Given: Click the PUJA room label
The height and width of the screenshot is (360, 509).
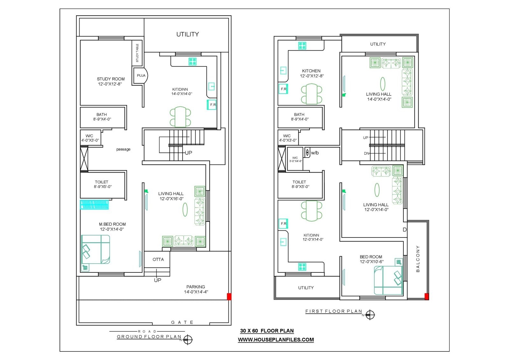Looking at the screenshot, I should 141,76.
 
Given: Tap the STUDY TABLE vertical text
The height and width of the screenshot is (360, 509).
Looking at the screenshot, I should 137,53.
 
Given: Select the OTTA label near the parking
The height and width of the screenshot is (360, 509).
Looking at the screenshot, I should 158,259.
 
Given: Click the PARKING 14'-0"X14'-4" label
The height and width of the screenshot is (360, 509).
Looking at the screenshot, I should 196,289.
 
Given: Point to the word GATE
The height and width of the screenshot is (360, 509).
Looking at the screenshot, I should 182,322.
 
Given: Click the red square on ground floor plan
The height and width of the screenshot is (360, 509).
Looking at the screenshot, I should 229,296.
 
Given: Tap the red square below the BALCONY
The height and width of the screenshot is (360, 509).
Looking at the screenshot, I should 427,296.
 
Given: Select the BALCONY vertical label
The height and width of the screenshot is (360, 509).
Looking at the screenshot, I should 418,258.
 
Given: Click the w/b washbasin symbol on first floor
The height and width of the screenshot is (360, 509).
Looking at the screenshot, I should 307,152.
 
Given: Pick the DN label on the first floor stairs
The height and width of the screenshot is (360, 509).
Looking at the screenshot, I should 366,153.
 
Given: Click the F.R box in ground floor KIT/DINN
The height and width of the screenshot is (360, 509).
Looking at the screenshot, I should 212,105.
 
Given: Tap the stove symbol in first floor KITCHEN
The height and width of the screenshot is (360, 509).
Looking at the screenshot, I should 302,46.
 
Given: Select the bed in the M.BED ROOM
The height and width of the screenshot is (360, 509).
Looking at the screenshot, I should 95,249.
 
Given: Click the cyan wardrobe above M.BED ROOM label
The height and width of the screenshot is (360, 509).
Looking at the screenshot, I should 94,205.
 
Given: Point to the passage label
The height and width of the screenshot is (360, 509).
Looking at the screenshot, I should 123,149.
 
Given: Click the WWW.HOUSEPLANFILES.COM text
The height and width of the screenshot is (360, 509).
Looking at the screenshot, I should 276,340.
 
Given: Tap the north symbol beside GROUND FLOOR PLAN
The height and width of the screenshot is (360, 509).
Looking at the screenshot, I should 188,340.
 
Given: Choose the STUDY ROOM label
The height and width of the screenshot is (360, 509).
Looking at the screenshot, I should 110,81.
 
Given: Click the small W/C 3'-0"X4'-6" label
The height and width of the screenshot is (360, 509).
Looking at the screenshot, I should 295,159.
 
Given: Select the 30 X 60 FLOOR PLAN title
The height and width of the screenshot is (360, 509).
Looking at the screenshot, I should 267,331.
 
